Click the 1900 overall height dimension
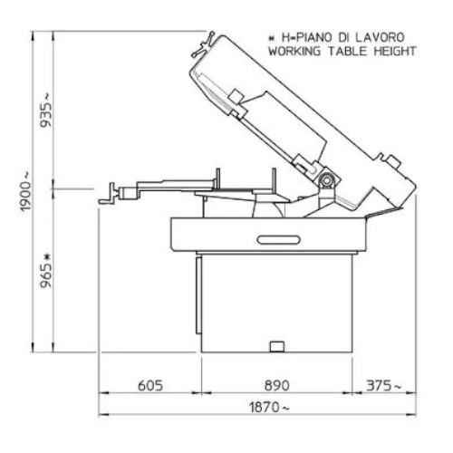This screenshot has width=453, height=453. point(25,192)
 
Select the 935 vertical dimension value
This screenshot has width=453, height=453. point(46,111)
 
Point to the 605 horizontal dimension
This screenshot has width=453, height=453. point(150,386)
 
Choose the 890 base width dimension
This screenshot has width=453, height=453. point(277,386)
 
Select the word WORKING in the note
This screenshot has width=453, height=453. point(294,51)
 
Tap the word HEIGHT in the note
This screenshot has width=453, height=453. point(395,51)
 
